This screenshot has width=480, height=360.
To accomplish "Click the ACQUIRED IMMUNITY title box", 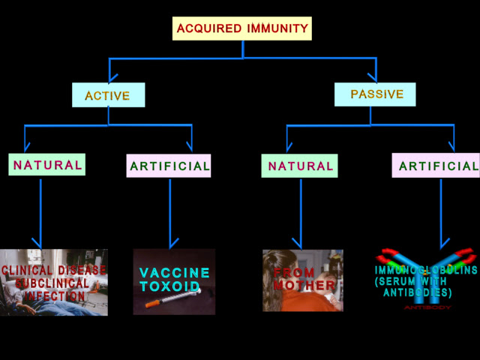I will coord(242,28).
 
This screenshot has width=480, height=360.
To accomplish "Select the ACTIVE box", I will coord(108,95).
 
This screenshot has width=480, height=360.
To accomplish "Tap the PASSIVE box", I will coord(376,94).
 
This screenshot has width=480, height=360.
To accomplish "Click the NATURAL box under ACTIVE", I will coord(47,164).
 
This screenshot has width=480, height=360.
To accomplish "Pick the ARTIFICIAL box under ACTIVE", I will coord(169,166).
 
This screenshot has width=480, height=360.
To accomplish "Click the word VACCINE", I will coord(174,273).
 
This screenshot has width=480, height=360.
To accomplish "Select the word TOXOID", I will coord(169,286).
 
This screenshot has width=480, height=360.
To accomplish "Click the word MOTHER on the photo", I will coord(304,286).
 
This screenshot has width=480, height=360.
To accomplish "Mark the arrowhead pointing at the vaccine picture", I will coord(174,243).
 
